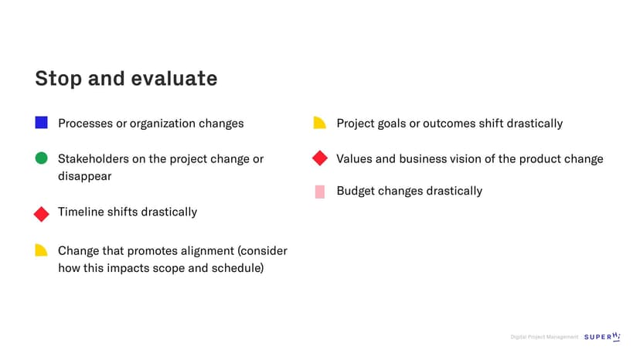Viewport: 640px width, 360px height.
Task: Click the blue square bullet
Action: [x=41, y=123]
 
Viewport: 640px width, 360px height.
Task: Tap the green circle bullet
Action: [x=41, y=158]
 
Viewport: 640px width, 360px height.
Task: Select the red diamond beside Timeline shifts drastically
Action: [x=41, y=214]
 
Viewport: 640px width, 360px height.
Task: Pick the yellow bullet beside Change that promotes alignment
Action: [x=41, y=250]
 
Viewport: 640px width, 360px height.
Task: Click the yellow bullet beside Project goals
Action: [x=319, y=123]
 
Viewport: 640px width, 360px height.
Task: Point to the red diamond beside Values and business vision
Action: [x=320, y=158]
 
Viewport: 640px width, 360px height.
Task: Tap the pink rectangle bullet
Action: [x=320, y=192]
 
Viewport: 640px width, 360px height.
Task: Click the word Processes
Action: [x=85, y=124]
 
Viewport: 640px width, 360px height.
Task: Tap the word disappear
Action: [x=84, y=176]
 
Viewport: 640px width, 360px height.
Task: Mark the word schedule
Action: [x=236, y=268]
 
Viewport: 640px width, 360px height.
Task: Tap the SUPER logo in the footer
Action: [x=602, y=336]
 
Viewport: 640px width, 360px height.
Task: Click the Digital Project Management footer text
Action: [x=544, y=337]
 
